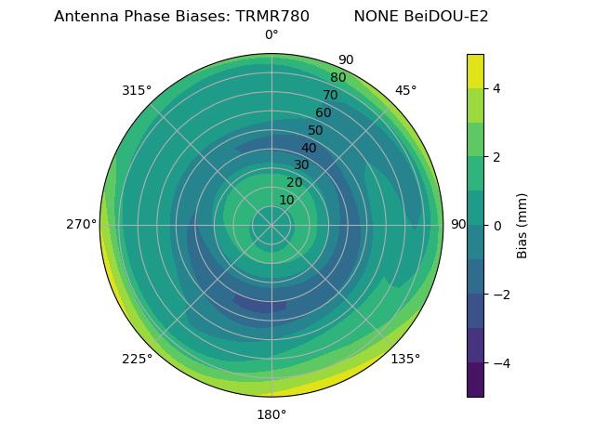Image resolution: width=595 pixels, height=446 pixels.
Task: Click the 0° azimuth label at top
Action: pyautogui.click(x=271, y=35)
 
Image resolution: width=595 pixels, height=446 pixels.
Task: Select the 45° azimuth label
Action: pyautogui.click(x=405, y=90)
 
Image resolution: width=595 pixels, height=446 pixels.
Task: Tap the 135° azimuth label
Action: pyautogui.click(x=405, y=359)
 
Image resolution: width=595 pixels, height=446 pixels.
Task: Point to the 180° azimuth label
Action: pyautogui.click(x=271, y=414)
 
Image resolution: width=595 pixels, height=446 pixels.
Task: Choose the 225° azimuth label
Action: pyautogui.click(x=137, y=359)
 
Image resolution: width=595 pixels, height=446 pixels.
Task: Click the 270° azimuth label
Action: pyautogui.click(x=82, y=225)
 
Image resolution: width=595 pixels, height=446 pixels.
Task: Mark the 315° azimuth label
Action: pyautogui.click(x=137, y=90)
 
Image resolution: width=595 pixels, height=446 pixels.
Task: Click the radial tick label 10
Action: pyautogui.click(x=286, y=201)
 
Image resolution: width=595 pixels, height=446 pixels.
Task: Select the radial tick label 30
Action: pyautogui.click(x=301, y=165)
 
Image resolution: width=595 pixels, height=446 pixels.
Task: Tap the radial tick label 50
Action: pyautogui.click(x=316, y=131)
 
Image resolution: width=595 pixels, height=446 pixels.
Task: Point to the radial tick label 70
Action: pyautogui.click(x=330, y=96)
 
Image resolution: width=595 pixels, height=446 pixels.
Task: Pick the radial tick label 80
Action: pyautogui.click(x=337, y=78)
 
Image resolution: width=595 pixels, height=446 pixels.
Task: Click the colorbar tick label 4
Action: pyautogui.click(x=497, y=88)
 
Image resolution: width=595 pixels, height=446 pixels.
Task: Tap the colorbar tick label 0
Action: pyautogui.click(x=497, y=226)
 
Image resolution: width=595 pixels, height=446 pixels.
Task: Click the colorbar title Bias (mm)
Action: pyautogui.click(x=522, y=226)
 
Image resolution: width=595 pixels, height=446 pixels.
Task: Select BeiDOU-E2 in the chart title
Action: pyautogui.click(x=445, y=17)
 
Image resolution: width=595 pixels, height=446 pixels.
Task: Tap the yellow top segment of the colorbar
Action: pyautogui.click(x=475, y=71)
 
